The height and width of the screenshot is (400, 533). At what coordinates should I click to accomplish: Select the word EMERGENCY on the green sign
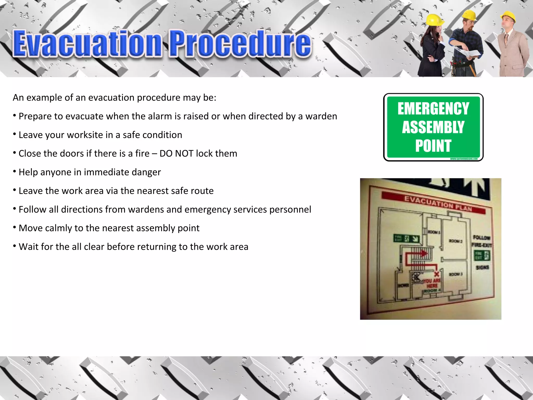(433, 109)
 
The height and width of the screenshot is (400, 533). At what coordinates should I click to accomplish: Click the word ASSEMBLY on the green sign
(433, 127)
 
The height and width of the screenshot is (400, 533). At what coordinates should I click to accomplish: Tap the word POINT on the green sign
(433, 146)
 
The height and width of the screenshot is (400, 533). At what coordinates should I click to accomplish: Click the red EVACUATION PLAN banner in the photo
(433, 203)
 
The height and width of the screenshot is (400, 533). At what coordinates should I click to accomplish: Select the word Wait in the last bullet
(28, 247)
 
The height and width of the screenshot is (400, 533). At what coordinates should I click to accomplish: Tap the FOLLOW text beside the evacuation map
(481, 238)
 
